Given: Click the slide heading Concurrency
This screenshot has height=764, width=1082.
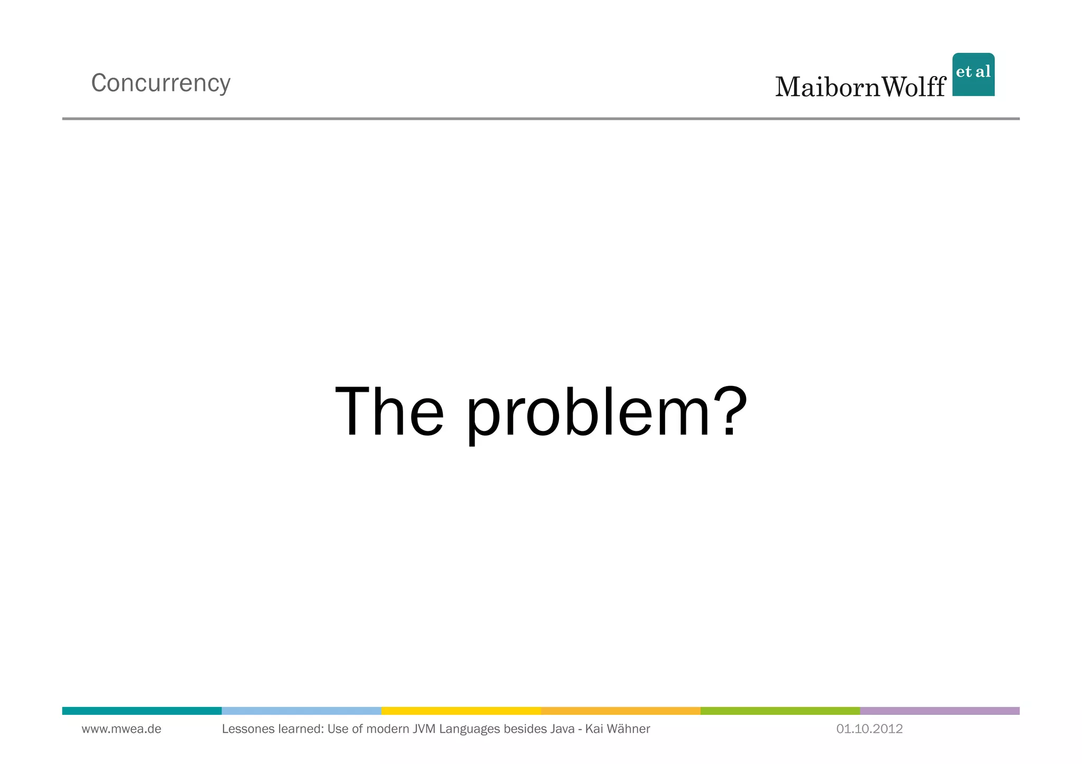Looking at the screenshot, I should [161, 83].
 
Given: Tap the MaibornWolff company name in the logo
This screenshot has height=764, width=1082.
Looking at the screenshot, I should [860, 87].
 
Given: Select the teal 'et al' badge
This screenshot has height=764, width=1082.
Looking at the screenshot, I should [973, 74].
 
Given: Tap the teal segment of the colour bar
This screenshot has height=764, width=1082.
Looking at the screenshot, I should [142, 711].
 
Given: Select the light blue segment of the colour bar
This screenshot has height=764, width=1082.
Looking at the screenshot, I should [301, 711].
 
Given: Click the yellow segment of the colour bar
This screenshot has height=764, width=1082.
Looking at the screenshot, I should [461, 711].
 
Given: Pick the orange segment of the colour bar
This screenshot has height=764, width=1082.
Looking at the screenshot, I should [620, 711].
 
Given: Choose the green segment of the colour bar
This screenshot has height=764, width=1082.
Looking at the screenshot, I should [780, 711].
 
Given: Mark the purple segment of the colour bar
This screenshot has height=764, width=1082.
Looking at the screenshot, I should [939, 711].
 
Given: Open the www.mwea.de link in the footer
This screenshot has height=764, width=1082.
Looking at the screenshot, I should [122, 729].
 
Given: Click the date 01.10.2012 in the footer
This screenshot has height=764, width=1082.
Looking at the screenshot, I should [869, 729].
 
